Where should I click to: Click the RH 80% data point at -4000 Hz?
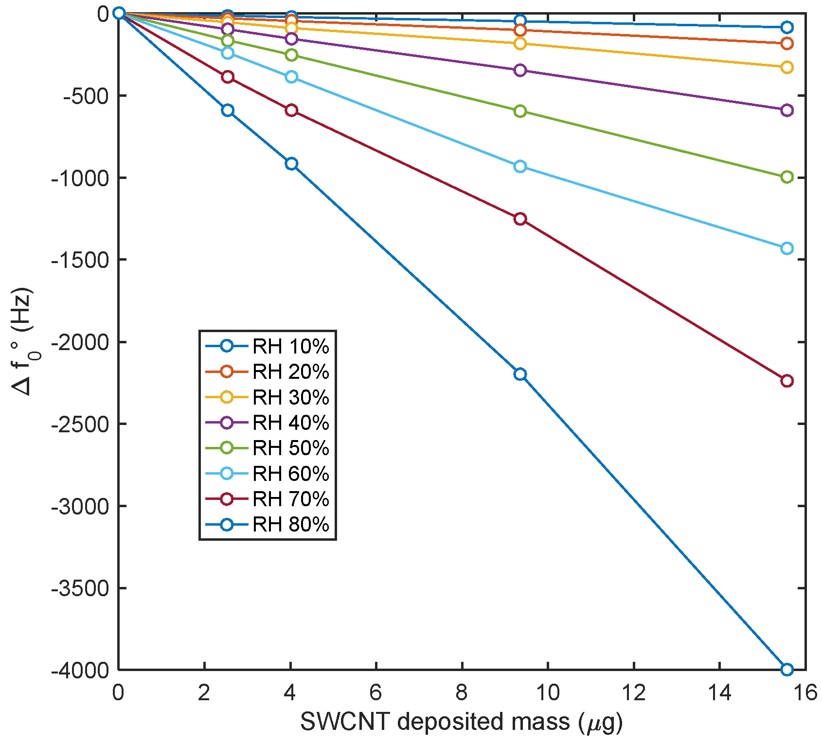pos(786,669)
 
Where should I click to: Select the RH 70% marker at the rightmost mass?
pos(786,381)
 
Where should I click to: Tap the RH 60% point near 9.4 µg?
pos(520,167)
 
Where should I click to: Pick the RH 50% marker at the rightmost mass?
pos(786,177)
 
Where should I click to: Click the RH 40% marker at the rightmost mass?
pos(786,110)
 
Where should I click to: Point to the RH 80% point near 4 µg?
pos(291,164)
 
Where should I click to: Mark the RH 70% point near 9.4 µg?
pos(520,219)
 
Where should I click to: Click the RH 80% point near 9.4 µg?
pos(520,374)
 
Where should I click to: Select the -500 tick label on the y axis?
pos(86,96)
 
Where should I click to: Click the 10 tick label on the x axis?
pos(548,693)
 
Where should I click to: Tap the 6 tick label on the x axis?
pos(376,693)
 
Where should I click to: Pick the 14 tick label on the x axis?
pos(719,693)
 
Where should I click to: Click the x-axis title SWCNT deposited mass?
pos(461,722)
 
